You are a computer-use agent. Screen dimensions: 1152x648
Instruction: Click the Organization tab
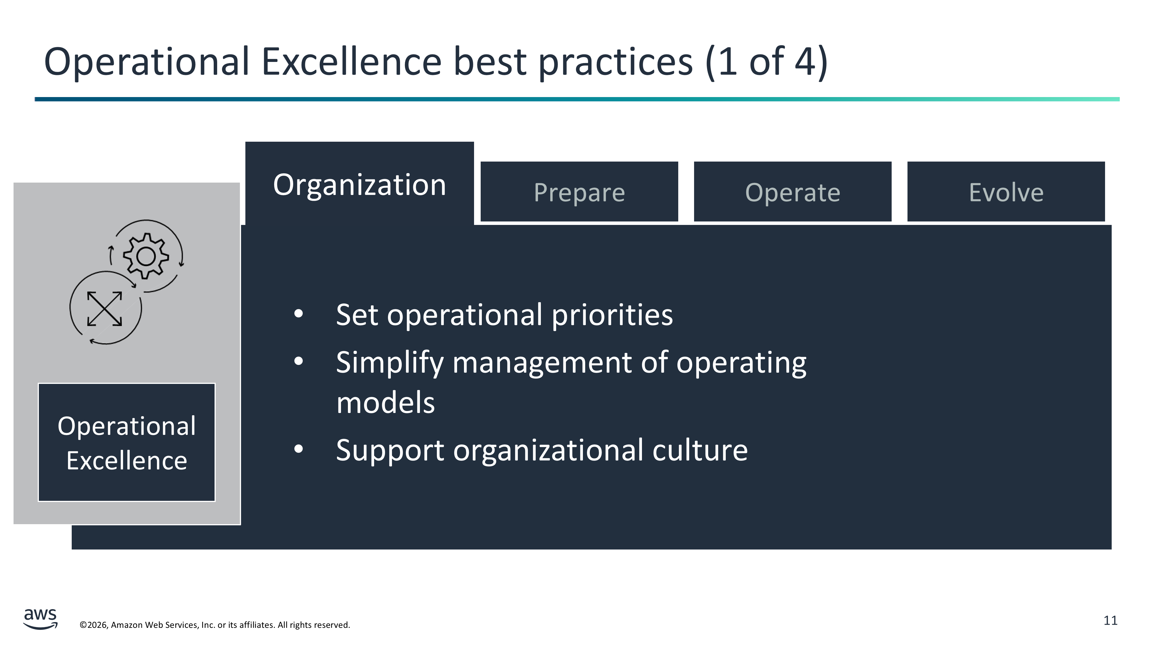pyautogui.click(x=359, y=183)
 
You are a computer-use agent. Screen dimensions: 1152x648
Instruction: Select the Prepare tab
pyautogui.click(x=579, y=192)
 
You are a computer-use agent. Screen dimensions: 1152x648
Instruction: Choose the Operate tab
pyautogui.click(x=793, y=192)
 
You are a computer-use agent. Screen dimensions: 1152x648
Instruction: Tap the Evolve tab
pyautogui.click(x=1006, y=192)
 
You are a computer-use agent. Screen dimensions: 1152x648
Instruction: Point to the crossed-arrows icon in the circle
pyautogui.click(x=105, y=308)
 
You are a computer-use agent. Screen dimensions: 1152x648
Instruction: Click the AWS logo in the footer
pyautogui.click(x=40, y=619)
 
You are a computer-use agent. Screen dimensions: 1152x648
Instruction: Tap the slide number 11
pyautogui.click(x=1111, y=621)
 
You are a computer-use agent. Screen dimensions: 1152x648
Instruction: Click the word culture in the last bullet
pyautogui.click(x=700, y=450)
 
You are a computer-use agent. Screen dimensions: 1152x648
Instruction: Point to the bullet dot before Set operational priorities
pyautogui.click(x=299, y=314)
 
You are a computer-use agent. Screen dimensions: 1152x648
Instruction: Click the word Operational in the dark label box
pyautogui.click(x=126, y=427)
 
